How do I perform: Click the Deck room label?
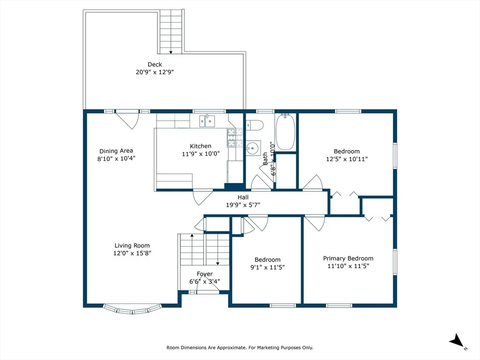pos(155,64)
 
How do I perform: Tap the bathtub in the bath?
pos(285,132)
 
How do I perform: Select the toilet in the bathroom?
pos(255,125)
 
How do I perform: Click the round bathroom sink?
pos(253,149)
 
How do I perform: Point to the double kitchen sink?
pos(207,120)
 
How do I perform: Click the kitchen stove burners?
pos(234,137)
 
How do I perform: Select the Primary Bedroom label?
pos(348,258)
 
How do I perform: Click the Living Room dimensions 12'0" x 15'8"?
pos(132,253)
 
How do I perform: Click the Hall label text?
pos(243,197)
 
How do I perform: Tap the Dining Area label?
pos(116,151)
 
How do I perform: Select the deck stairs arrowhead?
pos(171,52)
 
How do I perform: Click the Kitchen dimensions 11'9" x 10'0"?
pos(201,154)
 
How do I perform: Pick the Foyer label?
pos(205,274)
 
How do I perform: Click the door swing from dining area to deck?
pos(128,120)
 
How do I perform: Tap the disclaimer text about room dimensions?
pos(240,347)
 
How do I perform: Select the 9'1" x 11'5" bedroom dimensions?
pos(268,267)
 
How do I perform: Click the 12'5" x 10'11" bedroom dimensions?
pos(347,159)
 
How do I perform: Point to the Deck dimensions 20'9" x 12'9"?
pos(155,72)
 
